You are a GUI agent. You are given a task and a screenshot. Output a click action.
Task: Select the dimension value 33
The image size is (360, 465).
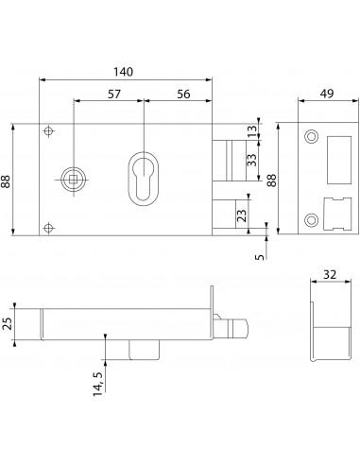pyautogui.click(x=250, y=161)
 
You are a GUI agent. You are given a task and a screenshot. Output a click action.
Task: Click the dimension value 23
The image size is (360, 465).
pyautogui.click(x=242, y=215)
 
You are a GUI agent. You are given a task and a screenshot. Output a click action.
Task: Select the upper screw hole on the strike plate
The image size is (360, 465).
pyautogui.click(x=310, y=137)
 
